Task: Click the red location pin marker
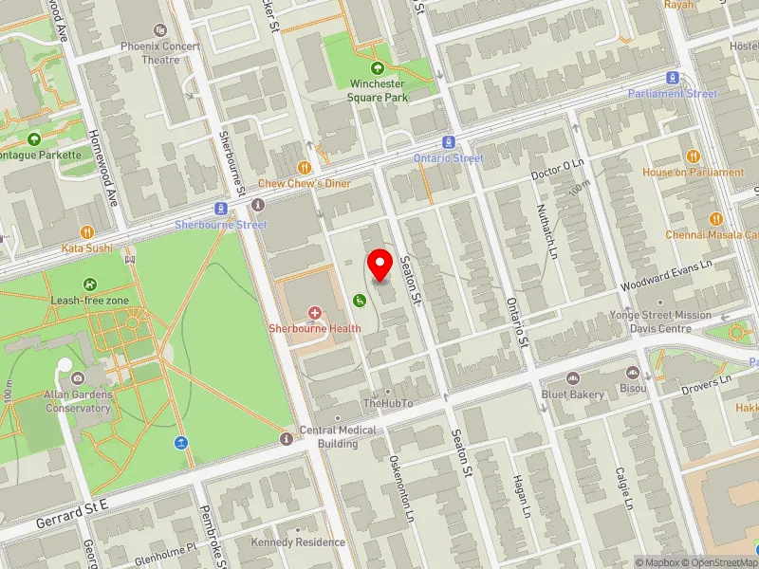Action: pos(380,265)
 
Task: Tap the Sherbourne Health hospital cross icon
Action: pos(315,312)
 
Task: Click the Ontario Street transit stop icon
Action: pos(449,142)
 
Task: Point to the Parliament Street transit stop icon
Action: pos(673,78)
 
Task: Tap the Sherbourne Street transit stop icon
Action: pos(220,209)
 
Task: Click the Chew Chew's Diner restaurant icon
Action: pos(305,167)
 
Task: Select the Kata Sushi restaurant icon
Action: pos(87,231)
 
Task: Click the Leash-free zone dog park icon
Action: pos(89,284)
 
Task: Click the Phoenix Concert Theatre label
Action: pos(160,53)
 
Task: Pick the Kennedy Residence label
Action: pos(298,542)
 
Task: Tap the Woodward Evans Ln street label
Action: pos(666,275)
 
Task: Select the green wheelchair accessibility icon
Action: pos(360,301)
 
